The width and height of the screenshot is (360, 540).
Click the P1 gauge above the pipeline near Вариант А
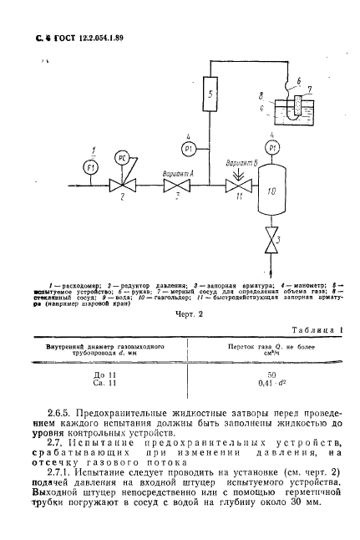click(x=189, y=148)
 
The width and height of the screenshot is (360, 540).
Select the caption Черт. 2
click(x=180, y=314)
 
